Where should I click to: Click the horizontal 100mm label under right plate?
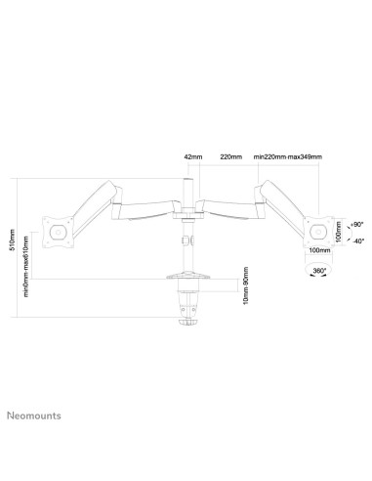[317, 250]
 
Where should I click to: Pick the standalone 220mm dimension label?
[231, 155]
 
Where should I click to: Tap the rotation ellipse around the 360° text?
[317, 274]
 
